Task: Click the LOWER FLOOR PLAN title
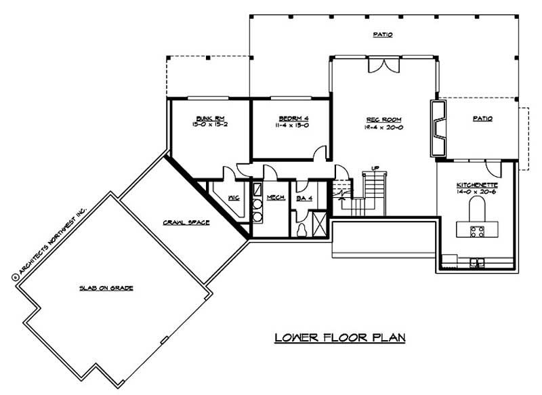pos(339,337)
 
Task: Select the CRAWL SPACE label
pos(186,222)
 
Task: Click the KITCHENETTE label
pos(478,184)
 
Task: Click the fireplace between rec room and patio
pos(438,129)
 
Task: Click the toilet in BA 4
pos(301,229)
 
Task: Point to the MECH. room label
pos(275,197)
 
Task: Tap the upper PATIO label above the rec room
pos(383,35)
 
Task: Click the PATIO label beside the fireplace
pos(482,118)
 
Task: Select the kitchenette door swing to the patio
pos(493,167)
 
